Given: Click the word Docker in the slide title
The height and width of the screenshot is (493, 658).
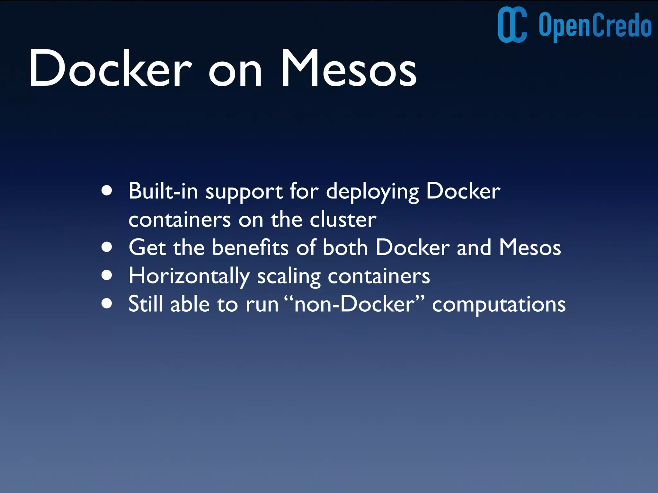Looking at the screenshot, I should (x=110, y=69).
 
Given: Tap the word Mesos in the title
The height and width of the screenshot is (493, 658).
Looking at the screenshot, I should (x=349, y=69).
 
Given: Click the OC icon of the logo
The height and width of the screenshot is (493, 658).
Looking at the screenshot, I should (x=512, y=25).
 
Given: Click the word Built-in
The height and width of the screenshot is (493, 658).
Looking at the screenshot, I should (x=163, y=191).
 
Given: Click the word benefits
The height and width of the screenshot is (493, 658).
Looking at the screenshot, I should (x=250, y=248).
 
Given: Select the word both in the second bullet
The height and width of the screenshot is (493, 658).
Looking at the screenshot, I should (x=345, y=248).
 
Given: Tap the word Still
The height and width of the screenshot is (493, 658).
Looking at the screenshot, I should (x=145, y=304).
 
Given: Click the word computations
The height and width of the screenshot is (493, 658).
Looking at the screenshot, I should (x=499, y=305).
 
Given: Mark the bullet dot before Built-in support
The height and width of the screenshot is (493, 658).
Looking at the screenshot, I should (x=107, y=191).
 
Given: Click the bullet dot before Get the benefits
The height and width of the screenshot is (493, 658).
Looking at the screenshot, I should (x=107, y=247).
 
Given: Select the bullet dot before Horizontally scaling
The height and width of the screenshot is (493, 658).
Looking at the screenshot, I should (x=107, y=275).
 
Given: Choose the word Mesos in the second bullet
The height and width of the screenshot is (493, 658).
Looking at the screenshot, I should (x=530, y=248).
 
